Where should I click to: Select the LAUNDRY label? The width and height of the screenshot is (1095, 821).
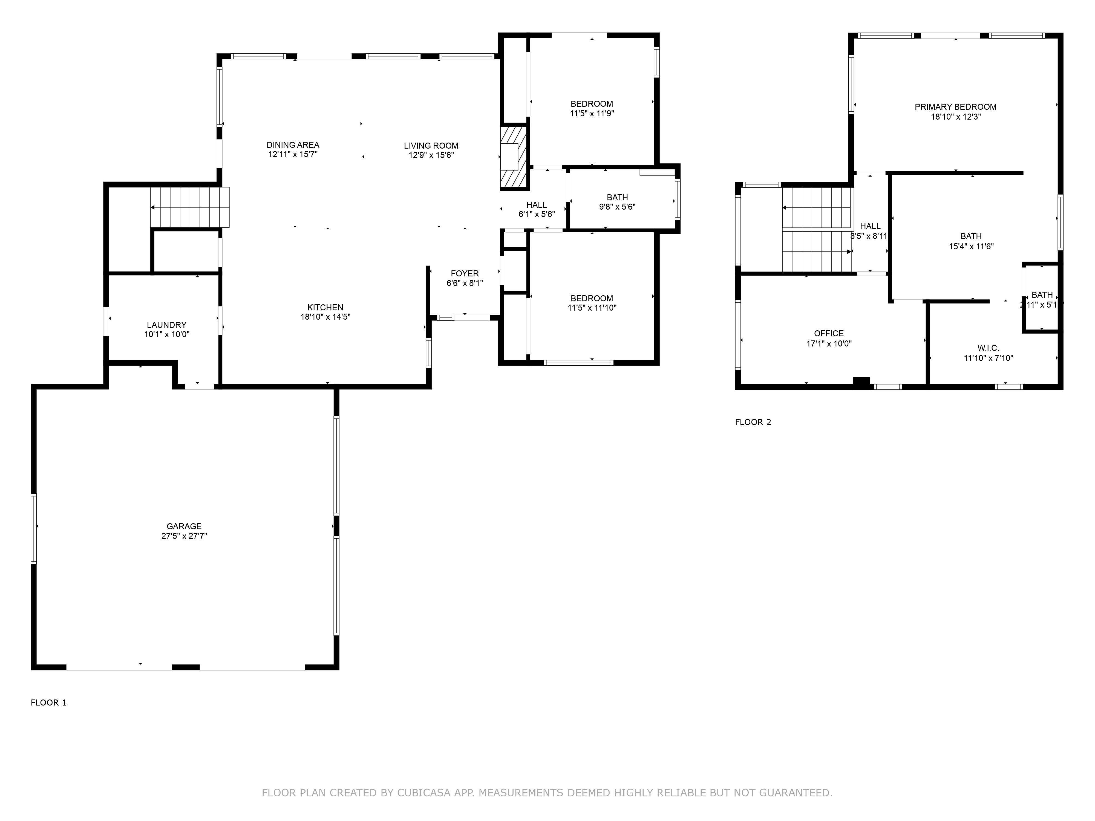166,325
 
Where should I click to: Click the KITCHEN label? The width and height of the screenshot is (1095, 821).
325,307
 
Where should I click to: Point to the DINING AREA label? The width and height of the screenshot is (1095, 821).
293,144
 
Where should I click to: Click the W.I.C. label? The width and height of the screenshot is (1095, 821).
988,348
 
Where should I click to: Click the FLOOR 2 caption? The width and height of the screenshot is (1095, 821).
753,422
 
